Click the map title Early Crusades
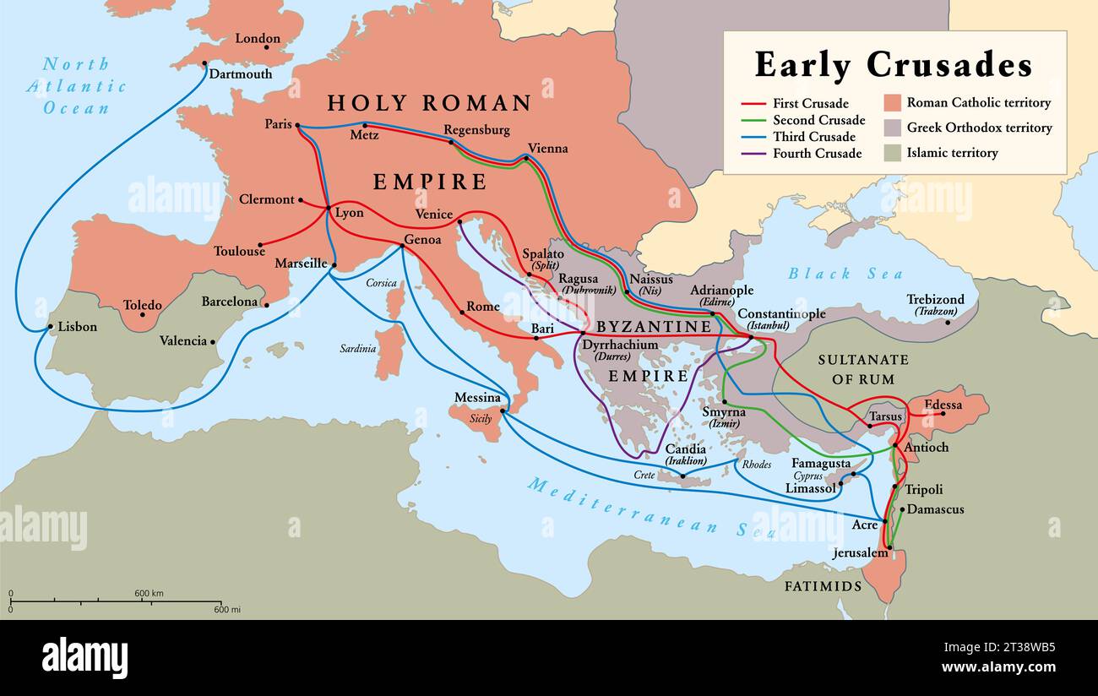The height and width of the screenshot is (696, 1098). pyautogui.click(x=893, y=65)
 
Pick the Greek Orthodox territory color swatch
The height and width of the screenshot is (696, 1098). pyautogui.click(x=893, y=128)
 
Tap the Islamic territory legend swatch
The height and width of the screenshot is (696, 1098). pyautogui.click(x=893, y=153)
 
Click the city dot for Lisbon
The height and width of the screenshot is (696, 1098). pyautogui.click(x=51, y=326)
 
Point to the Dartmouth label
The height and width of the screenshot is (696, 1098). pyautogui.click(x=240, y=73)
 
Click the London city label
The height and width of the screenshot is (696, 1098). pyautogui.click(x=257, y=38)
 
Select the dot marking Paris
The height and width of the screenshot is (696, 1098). pyautogui.click(x=298, y=126)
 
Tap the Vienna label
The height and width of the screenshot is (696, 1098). pyautogui.click(x=547, y=148)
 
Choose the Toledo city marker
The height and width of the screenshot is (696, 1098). pyautogui.click(x=142, y=315)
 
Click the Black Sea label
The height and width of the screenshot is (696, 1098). pyautogui.click(x=845, y=274)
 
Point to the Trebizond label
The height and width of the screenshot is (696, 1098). pyautogui.click(x=935, y=299)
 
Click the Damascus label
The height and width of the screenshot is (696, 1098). pyautogui.click(x=936, y=509)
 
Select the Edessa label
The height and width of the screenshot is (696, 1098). pyautogui.click(x=943, y=405)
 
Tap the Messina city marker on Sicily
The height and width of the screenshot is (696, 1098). pyautogui.click(x=503, y=411)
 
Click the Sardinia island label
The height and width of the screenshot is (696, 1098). pyautogui.click(x=357, y=348)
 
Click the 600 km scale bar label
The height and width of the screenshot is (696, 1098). pyautogui.click(x=149, y=593)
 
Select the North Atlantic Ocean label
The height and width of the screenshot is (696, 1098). pyautogui.click(x=76, y=85)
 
